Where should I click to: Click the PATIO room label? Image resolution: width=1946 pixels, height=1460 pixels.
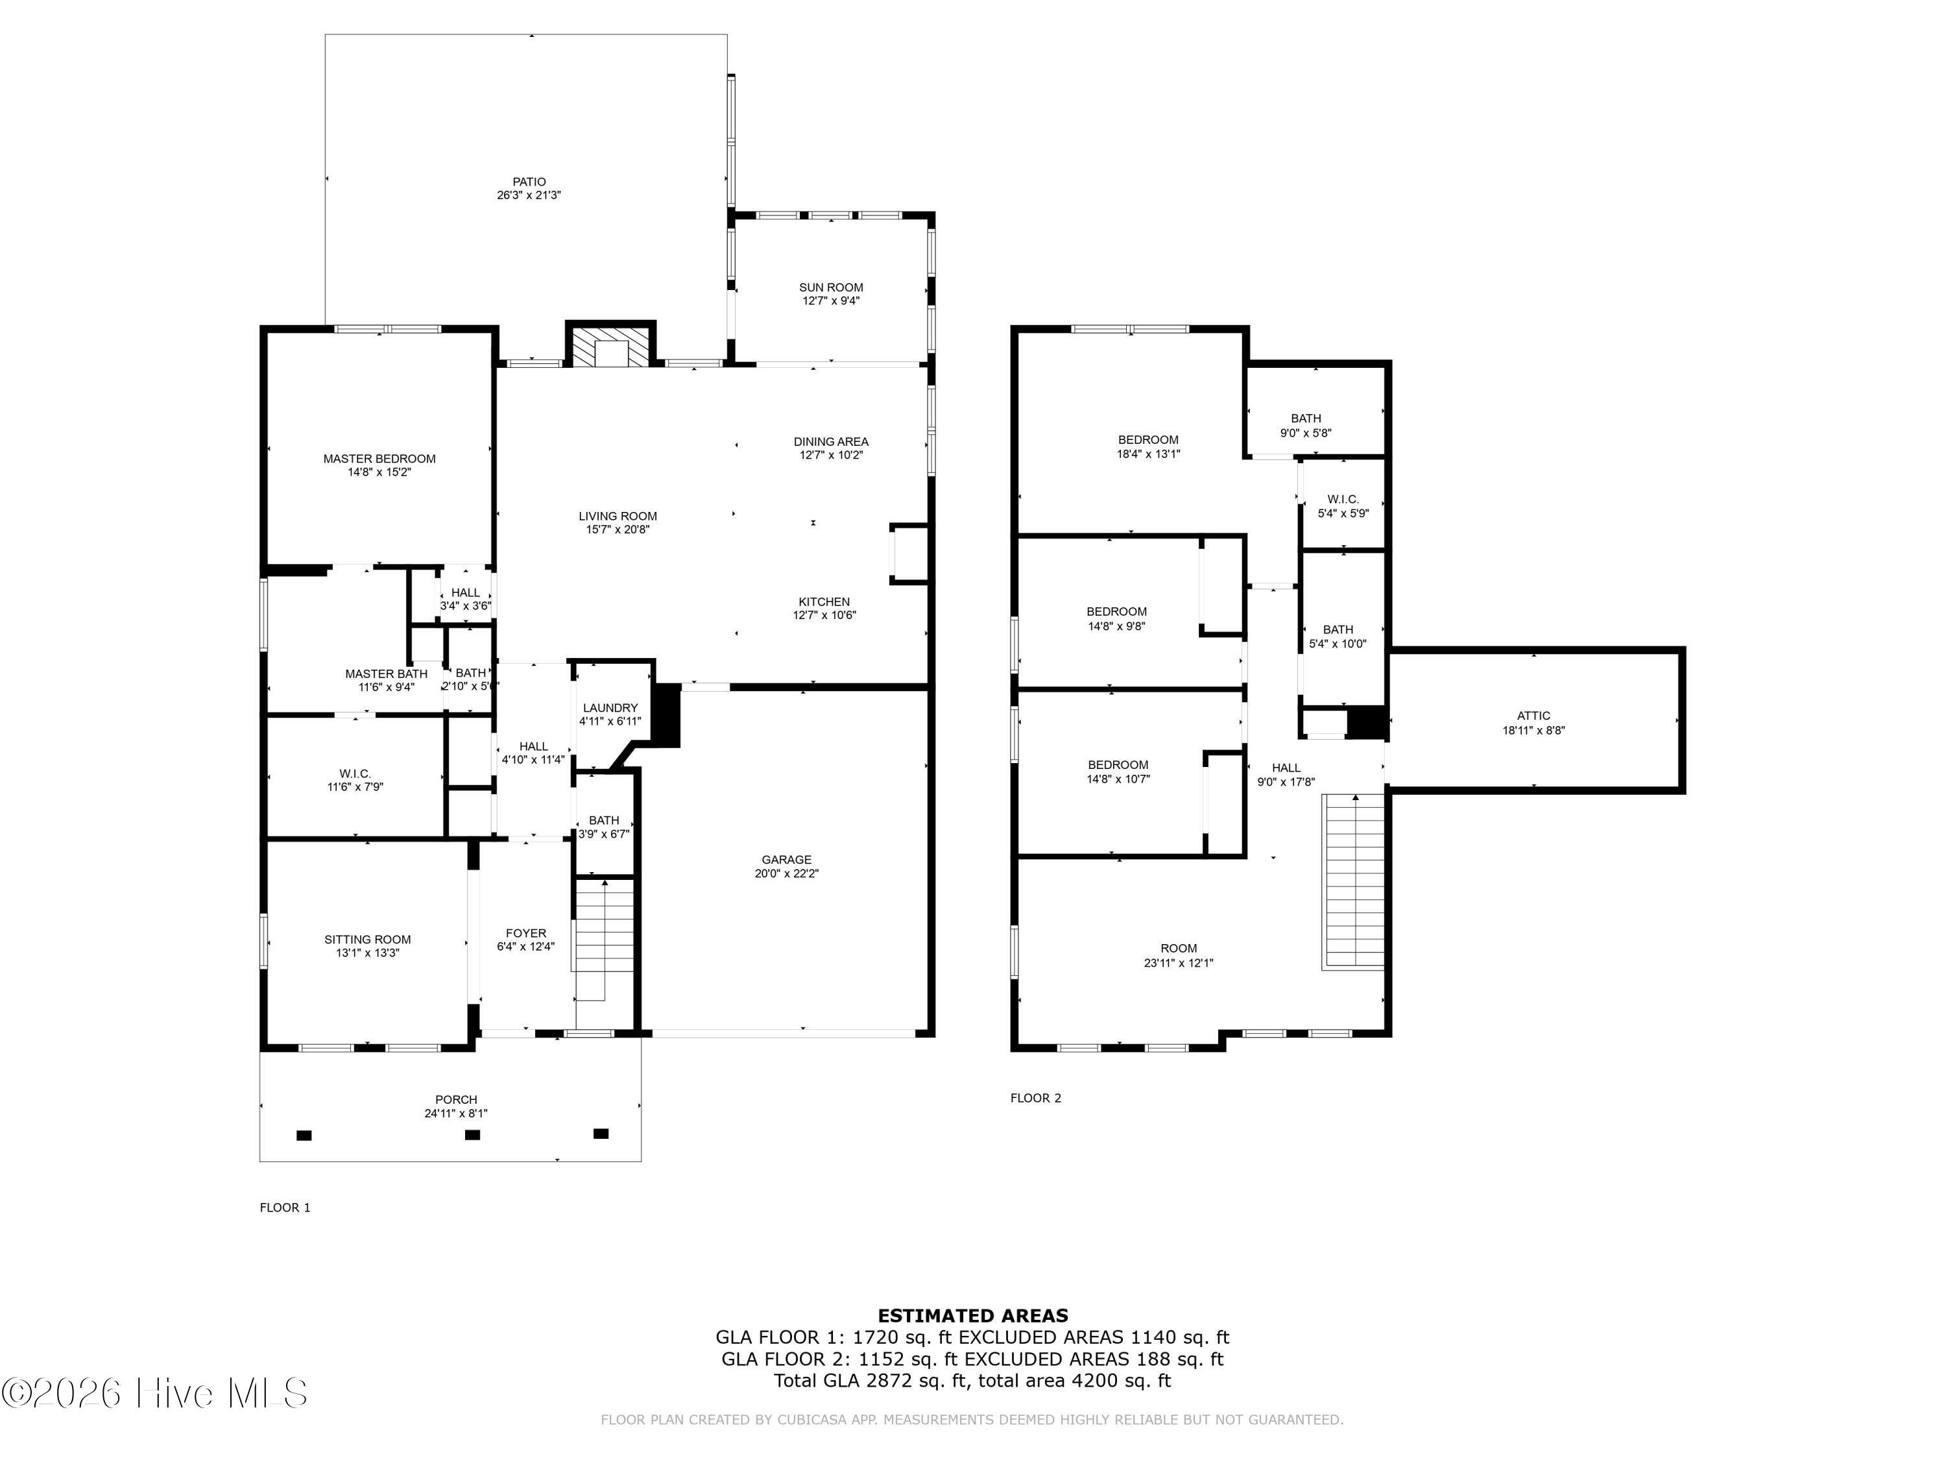(529, 182)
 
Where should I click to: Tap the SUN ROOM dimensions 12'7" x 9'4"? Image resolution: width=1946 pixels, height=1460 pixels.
(830, 301)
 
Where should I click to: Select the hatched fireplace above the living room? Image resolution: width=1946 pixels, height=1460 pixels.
(610, 347)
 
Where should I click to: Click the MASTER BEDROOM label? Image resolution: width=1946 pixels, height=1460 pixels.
(379, 459)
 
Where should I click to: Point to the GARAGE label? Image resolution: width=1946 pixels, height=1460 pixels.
(786, 860)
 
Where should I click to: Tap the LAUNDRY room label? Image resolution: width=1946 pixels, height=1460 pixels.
(610, 707)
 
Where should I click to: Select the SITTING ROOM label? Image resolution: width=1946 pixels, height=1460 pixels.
(367, 939)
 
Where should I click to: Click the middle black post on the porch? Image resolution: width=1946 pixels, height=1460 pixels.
(472, 1134)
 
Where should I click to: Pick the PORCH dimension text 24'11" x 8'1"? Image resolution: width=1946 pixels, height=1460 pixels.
(456, 1113)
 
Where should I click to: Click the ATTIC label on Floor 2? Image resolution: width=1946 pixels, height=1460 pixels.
(1533, 716)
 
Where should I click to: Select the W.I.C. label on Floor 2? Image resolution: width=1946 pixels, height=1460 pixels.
(1343, 499)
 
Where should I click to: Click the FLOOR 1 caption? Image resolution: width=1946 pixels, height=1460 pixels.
(285, 1208)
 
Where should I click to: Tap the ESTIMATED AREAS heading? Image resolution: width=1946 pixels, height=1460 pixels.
(972, 1316)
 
